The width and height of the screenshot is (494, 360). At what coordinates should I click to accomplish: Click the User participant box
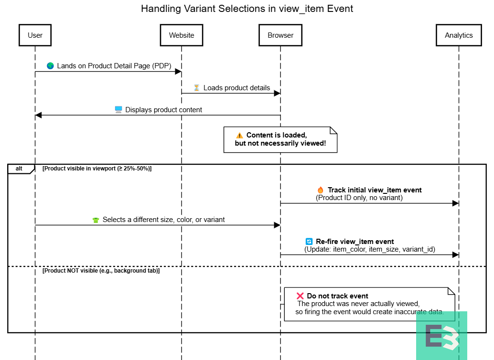35,35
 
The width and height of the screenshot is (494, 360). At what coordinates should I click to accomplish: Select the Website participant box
182,35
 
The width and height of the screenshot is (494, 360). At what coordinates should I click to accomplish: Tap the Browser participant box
280,35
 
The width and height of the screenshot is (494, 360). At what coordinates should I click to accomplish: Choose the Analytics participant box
459,35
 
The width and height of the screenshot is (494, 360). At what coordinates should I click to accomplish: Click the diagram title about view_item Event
247,9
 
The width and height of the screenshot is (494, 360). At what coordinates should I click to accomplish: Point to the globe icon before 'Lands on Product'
50,66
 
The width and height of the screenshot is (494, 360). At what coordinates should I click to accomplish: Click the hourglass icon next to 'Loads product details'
196,88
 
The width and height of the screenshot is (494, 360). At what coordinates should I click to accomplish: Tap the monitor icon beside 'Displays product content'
118,110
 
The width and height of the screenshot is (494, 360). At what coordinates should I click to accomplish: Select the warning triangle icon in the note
239,136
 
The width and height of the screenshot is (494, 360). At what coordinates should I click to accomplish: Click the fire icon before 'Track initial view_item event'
321,190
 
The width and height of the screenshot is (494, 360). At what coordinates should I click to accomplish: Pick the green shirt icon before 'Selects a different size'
96,220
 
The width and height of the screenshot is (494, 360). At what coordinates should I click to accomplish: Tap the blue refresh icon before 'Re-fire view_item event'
309,242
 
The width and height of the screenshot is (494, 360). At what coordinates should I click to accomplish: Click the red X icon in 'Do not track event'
300,296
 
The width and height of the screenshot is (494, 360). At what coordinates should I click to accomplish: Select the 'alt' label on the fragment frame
19,169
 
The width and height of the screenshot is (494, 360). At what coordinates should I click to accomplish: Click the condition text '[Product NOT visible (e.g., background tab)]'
101,271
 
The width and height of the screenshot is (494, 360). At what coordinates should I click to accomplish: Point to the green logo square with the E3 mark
441,336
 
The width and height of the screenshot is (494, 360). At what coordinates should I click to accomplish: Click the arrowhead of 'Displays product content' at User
38,115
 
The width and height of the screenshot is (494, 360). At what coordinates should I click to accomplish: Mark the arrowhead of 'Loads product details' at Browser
277,93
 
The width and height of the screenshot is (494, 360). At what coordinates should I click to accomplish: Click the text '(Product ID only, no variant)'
359,198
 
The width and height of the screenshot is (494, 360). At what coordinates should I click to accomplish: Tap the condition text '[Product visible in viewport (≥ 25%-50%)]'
97,169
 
